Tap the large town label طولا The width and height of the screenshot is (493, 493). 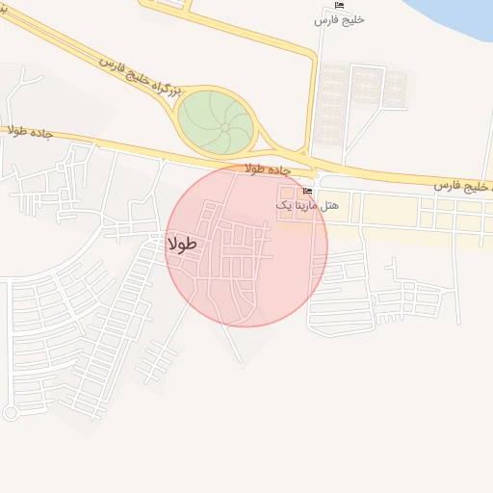pos(182,245)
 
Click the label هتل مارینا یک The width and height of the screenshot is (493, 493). pos(296,205)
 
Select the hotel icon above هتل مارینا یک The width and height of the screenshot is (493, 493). pos(308,192)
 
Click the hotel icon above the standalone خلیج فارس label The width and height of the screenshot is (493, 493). pos(339,6)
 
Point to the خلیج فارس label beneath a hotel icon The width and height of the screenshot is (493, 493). pos(345,19)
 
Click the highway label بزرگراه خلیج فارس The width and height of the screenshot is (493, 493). pos(139,74)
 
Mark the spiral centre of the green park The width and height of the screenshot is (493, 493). pos(224,125)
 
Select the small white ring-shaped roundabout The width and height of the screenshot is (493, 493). pos(11,413)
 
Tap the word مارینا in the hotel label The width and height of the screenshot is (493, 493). pos(292,205)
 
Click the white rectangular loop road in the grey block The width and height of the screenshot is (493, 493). pos(364,85)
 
